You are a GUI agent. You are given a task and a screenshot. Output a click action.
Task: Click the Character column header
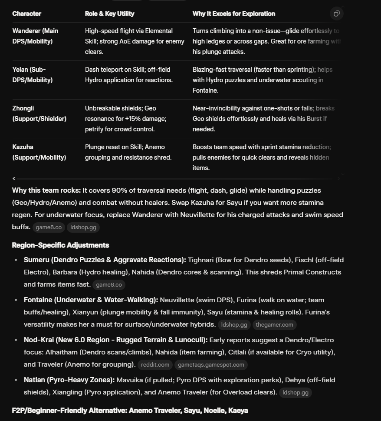[27, 13]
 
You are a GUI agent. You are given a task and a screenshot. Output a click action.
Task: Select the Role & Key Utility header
[109, 13]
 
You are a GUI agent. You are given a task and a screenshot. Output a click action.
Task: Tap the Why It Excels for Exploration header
[233, 13]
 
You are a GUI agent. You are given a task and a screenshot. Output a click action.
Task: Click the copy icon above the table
[336, 13]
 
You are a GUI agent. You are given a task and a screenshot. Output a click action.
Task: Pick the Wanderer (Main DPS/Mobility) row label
[35, 36]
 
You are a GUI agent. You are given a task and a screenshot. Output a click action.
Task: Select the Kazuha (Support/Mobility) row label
[39, 152]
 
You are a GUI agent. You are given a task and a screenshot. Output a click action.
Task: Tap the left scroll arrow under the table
[14, 178]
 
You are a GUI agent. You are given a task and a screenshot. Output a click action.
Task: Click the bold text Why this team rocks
[46, 190]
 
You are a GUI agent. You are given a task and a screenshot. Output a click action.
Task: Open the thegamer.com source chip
[274, 324]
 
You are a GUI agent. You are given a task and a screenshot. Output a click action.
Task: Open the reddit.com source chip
[155, 364]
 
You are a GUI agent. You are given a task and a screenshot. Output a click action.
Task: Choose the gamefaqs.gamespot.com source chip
[211, 364]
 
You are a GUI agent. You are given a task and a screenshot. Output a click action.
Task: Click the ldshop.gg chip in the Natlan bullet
[295, 392]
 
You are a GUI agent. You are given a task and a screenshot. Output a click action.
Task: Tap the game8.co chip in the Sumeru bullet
[108, 284]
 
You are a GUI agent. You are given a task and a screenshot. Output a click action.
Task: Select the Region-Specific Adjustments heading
[60, 245]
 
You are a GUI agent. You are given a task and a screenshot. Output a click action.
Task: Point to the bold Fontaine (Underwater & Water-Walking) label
[91, 300]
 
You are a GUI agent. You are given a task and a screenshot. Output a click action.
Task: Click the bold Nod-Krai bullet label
[115, 340]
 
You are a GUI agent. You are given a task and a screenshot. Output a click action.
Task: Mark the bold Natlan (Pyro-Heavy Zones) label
[69, 380]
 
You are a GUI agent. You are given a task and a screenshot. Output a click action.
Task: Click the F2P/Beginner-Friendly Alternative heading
[130, 411]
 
